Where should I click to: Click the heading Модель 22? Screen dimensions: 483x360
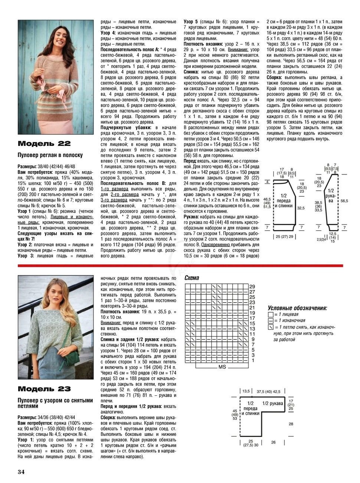click(44, 144)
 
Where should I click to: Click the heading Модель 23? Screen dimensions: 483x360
click(44, 389)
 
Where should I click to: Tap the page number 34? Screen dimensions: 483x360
click(21, 472)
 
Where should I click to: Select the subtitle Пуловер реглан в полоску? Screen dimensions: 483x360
click(50, 155)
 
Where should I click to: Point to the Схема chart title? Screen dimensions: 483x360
click(192, 278)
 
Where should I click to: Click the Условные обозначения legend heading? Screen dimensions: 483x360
click(297, 308)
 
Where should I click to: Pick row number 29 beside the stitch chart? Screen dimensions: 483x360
click(252, 287)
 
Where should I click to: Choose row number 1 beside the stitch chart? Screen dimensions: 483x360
click(252, 360)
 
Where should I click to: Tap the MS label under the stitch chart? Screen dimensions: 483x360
click(222, 367)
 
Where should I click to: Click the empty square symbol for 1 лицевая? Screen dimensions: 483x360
click(270, 314)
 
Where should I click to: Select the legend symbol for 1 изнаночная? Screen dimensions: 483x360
click(270, 320)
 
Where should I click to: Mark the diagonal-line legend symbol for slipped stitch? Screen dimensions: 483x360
click(270, 327)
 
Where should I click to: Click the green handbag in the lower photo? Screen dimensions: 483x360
click(72, 357)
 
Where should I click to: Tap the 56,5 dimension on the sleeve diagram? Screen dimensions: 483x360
click(344, 200)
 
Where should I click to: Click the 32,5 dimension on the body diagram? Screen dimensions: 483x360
click(301, 208)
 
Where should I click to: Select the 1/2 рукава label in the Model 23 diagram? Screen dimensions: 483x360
click(273, 404)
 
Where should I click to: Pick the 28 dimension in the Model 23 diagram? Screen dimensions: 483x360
click(291, 424)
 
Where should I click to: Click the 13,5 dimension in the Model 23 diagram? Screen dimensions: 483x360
click(246, 391)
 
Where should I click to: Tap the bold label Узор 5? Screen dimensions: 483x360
click(191, 22)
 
